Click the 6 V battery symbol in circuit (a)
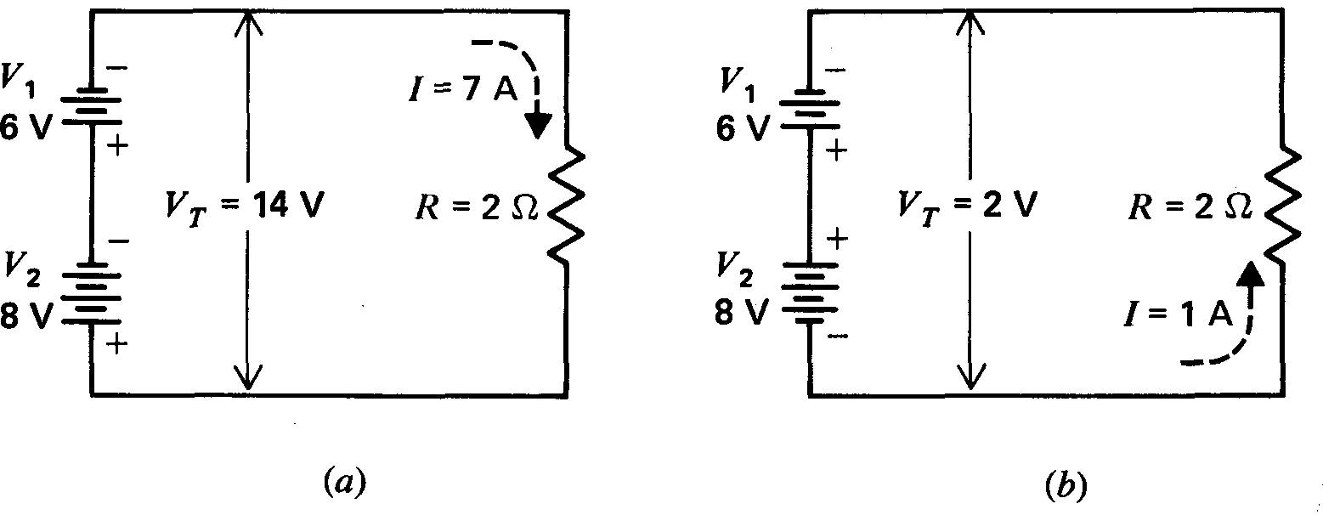(89, 107)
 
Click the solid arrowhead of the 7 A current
(535, 126)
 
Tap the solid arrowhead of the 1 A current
(1250, 274)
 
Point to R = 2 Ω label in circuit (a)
(477, 207)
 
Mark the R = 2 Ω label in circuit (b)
(1190, 207)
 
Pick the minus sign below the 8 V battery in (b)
(836, 337)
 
